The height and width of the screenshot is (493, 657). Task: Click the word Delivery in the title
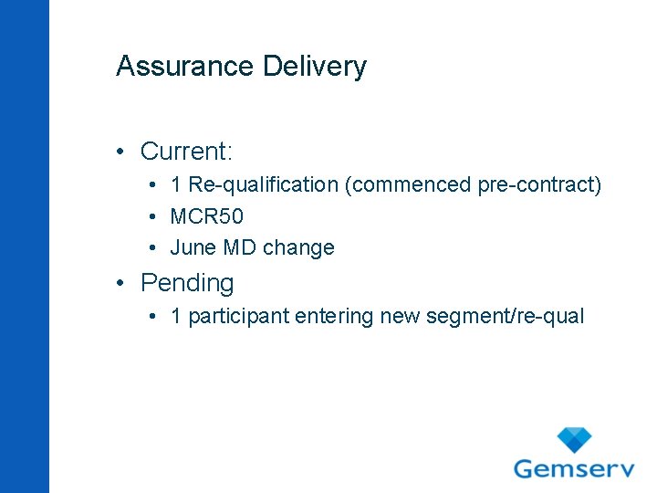click(315, 67)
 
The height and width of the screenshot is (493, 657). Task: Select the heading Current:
click(187, 151)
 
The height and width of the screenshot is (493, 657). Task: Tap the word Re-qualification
click(264, 185)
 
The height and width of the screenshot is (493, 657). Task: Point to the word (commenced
click(408, 185)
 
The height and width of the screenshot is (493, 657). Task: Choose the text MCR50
click(207, 216)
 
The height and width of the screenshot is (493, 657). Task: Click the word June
click(191, 247)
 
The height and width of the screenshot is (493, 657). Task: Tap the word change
click(298, 247)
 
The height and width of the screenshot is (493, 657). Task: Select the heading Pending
click(187, 283)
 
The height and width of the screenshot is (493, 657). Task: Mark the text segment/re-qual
click(504, 317)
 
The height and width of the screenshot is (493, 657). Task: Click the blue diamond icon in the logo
click(574, 439)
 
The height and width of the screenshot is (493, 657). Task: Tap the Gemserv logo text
click(574, 468)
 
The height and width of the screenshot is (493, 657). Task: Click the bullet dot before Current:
click(121, 152)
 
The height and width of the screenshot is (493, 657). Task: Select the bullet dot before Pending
click(121, 284)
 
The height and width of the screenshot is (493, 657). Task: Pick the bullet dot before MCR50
click(151, 217)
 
